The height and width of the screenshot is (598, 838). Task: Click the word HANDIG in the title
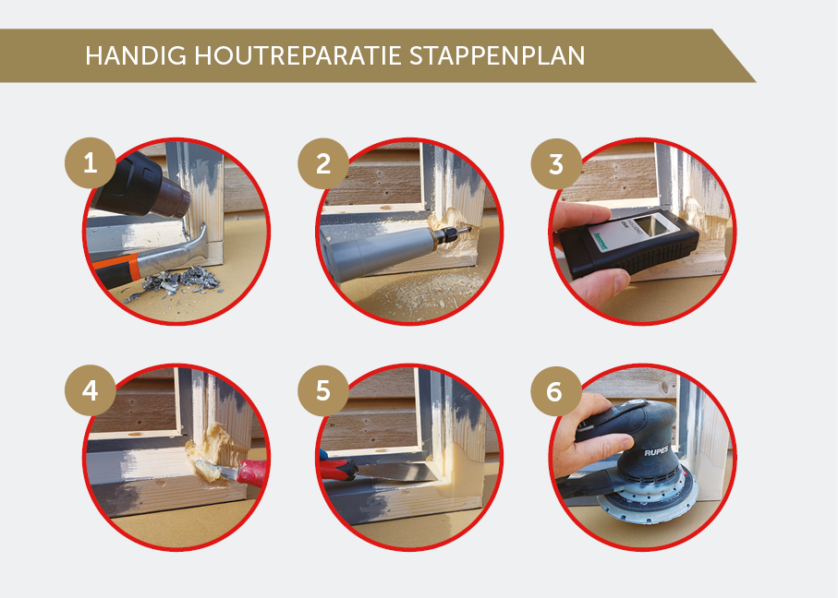[136, 55]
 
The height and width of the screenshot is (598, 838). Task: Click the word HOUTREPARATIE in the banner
[298, 55]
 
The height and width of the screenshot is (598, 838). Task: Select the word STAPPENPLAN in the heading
[497, 55]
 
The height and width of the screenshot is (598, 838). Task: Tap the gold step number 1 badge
[91, 163]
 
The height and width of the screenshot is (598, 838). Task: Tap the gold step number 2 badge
[323, 163]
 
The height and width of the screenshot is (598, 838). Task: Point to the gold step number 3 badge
[556, 163]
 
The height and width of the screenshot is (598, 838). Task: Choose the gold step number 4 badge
[91, 390]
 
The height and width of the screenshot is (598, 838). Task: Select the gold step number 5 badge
[323, 390]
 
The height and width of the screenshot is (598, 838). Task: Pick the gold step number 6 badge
[556, 391]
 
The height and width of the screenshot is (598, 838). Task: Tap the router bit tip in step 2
[465, 232]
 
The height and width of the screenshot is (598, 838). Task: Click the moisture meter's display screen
[655, 225]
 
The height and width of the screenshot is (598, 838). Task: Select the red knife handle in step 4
[252, 473]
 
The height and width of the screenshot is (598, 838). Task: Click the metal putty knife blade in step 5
[394, 472]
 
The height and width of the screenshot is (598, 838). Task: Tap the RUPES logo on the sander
[656, 451]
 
